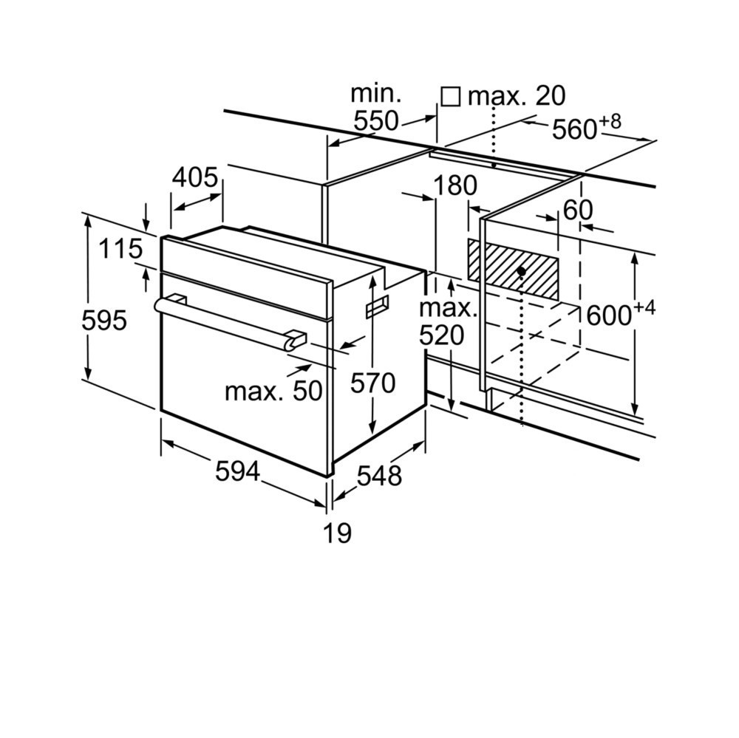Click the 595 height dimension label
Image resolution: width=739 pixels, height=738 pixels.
104,321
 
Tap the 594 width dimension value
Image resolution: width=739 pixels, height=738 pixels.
238,471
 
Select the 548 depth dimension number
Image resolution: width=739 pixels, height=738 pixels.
379,476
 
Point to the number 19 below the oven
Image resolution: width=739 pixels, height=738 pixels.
337,533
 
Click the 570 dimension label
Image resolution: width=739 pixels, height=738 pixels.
372,383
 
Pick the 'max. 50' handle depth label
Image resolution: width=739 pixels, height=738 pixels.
273,391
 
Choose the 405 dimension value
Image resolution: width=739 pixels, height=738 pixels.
195,178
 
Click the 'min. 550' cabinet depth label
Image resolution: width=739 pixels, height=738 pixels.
375,108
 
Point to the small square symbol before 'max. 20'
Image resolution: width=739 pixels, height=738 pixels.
449,96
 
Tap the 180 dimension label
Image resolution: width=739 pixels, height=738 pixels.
454,186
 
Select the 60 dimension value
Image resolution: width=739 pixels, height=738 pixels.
577,211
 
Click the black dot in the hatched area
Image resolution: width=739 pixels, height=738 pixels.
521,271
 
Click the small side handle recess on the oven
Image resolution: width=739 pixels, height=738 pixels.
377,306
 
